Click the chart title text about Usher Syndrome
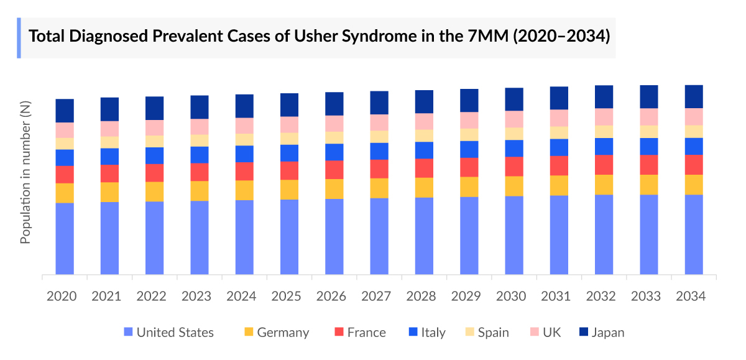(319, 37)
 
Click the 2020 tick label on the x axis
(62, 296)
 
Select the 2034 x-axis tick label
(691, 296)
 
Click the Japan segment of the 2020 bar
(65, 111)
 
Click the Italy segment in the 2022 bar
(155, 155)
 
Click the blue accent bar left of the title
(19, 37)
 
